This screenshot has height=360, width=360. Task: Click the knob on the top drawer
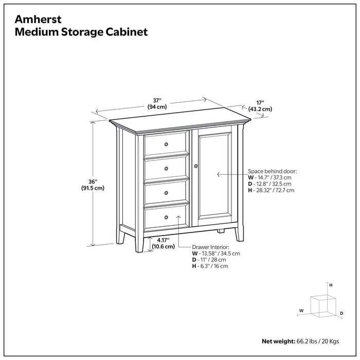[166, 144]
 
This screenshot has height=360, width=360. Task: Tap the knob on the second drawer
[166, 168]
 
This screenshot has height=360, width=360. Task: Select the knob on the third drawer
[166, 193]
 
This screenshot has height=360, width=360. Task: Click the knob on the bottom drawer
[166, 218]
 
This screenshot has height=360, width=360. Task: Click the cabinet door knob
[196, 166]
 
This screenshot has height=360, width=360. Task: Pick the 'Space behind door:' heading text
[272, 171]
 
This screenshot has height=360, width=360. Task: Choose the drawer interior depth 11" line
[209, 260]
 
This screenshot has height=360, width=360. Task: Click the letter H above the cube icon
[331, 284]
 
